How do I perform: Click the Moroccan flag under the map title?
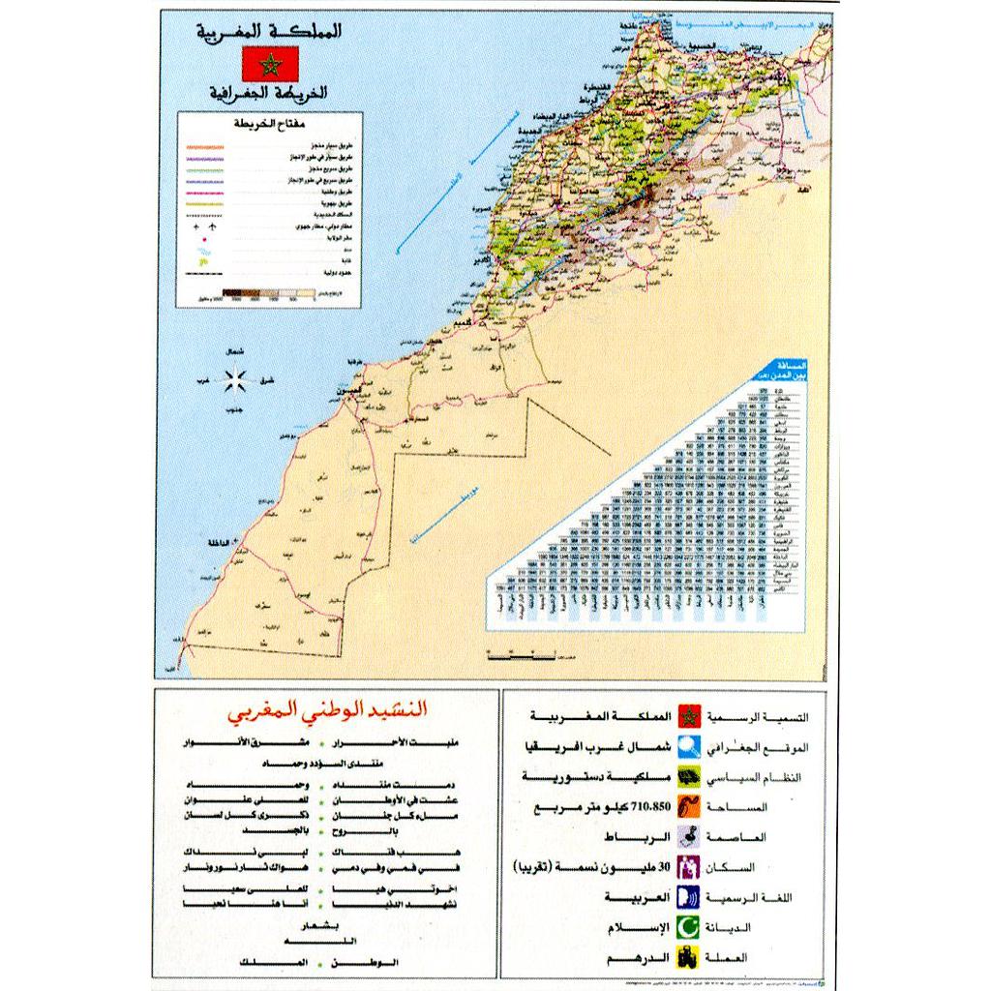[x=269, y=64]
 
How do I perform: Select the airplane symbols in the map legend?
[x=206, y=225]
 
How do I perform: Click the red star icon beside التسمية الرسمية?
[x=689, y=717]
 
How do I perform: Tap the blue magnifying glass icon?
[x=689, y=747]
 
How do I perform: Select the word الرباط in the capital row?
[x=621, y=837]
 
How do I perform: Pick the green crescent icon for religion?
[x=689, y=927]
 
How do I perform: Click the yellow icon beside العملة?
[x=689, y=957]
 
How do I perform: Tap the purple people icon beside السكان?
[x=689, y=867]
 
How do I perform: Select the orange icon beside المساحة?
[x=689, y=807]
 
